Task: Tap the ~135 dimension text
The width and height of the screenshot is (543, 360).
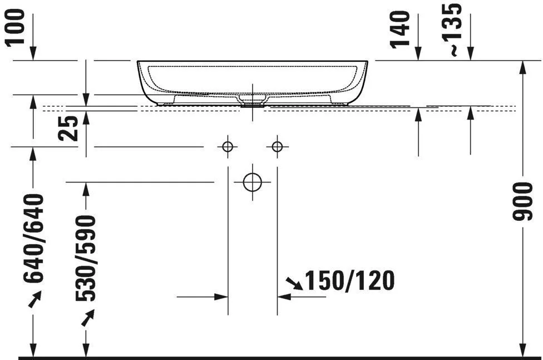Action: pyautogui.click(x=454, y=29)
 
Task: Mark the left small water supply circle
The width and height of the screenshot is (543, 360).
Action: pyautogui.click(x=226, y=147)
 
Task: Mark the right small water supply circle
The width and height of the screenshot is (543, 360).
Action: pyautogui.click(x=277, y=147)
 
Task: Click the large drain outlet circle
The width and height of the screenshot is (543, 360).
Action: pyautogui.click(x=252, y=181)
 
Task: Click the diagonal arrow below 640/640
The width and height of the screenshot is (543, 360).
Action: pyautogui.click(x=34, y=301)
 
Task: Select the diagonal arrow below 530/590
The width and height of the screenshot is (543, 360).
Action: pyautogui.click(x=87, y=318)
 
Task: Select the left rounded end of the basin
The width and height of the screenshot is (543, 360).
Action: pyautogui.click(x=143, y=81)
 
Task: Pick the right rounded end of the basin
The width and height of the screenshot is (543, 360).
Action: pyautogui.click(x=362, y=81)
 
